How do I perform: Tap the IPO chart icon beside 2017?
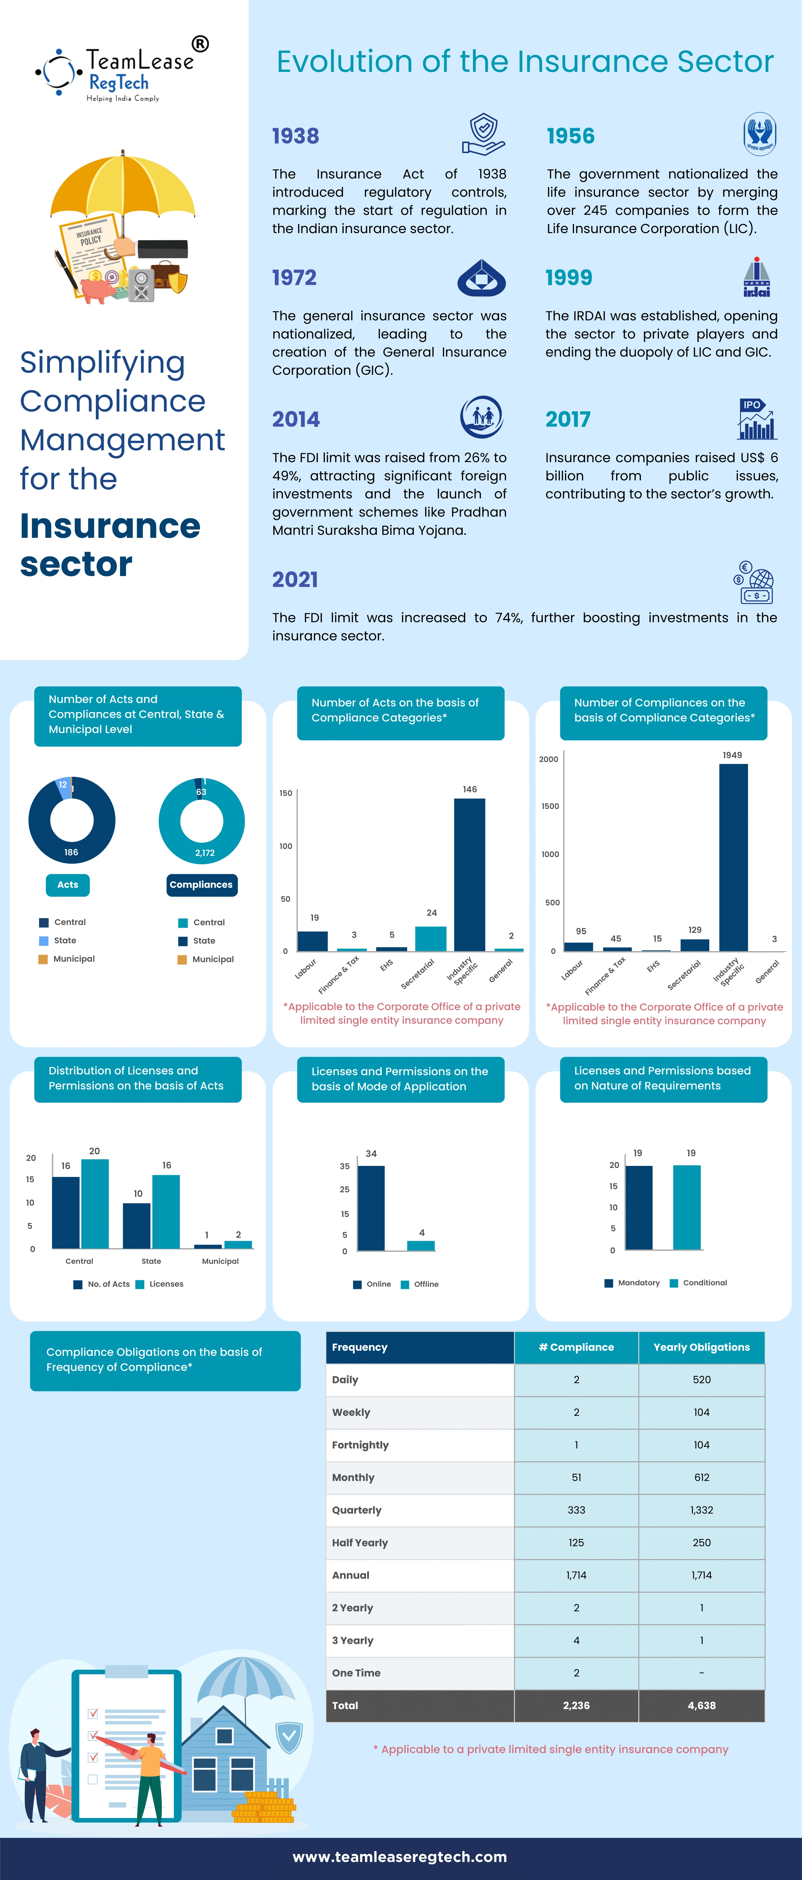[x=757, y=419]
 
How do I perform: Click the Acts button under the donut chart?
[x=68, y=885]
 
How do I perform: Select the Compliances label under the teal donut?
[x=201, y=885]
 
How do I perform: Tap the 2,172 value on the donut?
[x=205, y=852]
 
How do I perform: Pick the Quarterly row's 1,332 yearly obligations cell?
[x=701, y=1510]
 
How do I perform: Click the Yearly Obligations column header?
[x=701, y=1347]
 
